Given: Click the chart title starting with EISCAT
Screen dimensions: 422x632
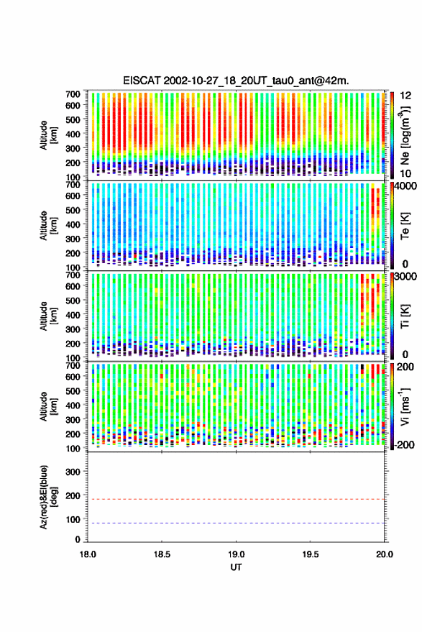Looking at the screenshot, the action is click(x=236, y=81).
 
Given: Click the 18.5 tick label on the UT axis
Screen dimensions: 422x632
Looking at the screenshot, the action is click(x=162, y=554).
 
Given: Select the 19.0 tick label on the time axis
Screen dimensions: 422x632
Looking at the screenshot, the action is click(x=236, y=554).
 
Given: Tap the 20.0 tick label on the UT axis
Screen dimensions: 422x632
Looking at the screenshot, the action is click(x=385, y=554).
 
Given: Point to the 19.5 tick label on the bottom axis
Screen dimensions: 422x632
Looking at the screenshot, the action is click(x=310, y=554).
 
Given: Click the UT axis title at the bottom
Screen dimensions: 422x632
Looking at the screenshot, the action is click(x=236, y=567).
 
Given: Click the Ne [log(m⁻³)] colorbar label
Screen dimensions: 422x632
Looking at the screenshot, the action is click(x=405, y=135).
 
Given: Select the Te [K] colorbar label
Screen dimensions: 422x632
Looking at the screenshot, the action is click(x=405, y=226).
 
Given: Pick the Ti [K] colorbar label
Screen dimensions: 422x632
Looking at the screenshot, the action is click(x=405, y=316).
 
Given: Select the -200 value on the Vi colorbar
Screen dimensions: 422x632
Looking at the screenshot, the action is click(x=404, y=445).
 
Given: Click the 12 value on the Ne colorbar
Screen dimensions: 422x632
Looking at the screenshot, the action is click(x=405, y=96).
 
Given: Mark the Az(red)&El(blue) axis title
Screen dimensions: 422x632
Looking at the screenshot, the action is click(x=48, y=497).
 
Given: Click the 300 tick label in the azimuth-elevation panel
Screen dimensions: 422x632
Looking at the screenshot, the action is click(x=73, y=472).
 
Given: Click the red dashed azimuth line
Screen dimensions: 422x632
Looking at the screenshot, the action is click(x=236, y=499).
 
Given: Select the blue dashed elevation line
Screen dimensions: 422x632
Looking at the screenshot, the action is click(x=236, y=523).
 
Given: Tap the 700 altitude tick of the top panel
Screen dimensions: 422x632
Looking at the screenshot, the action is click(x=73, y=94).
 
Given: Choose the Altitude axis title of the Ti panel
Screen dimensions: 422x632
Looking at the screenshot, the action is click(x=48, y=316).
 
